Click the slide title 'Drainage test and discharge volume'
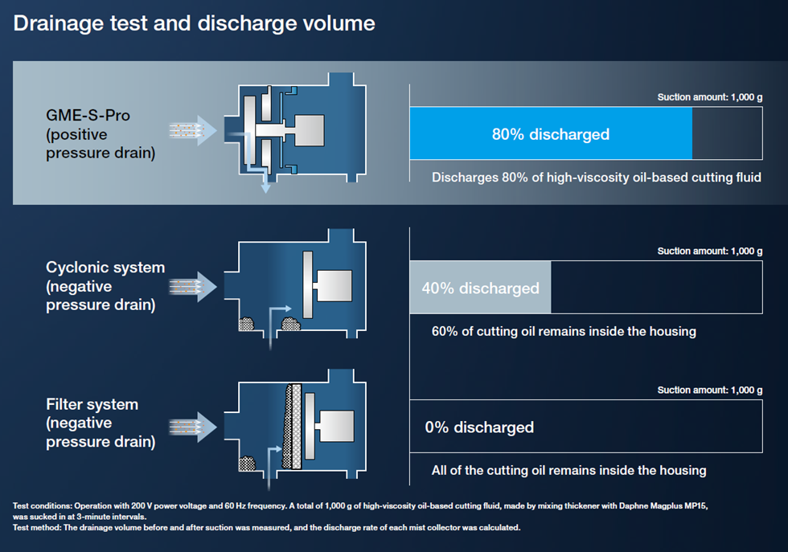(194, 23)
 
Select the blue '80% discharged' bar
(550, 134)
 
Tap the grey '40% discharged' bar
(480, 288)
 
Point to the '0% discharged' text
(479, 427)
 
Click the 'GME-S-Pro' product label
(88, 116)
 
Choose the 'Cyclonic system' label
(105, 268)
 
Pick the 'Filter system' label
(92, 404)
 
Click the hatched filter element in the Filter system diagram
(293, 426)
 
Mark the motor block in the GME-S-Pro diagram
(309, 129)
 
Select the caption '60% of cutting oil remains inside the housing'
(564, 331)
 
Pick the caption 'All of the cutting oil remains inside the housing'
(568, 470)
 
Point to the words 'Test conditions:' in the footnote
(46, 505)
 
